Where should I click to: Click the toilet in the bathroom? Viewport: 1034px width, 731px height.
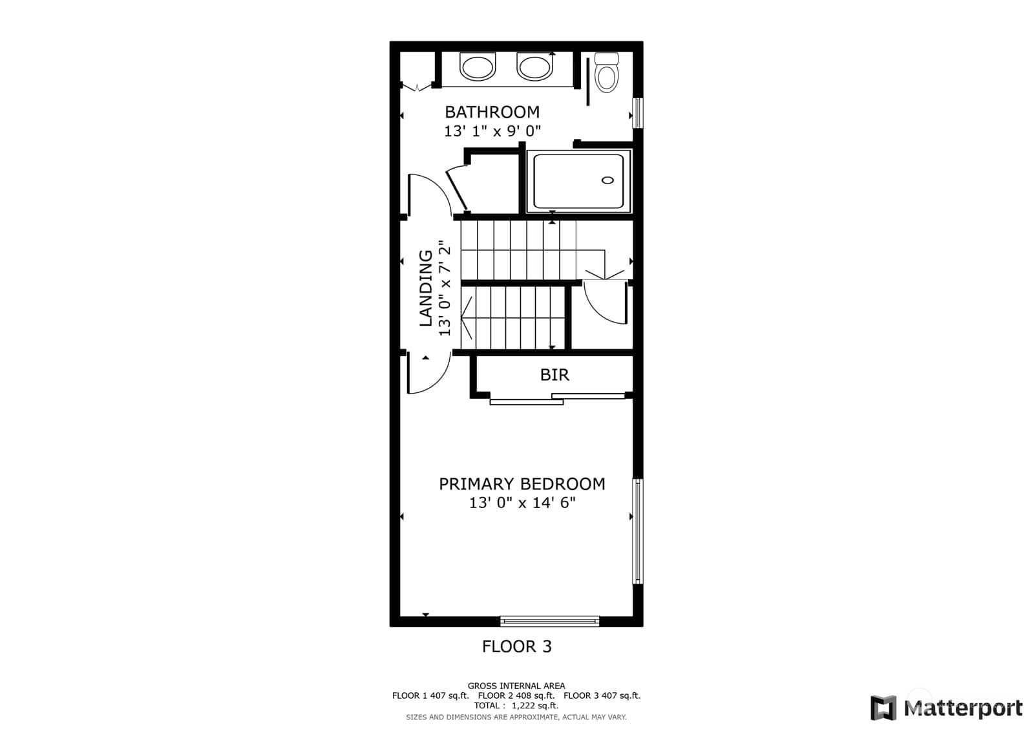606,73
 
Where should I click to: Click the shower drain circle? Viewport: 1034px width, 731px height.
607,180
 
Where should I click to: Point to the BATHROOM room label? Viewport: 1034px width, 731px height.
492,112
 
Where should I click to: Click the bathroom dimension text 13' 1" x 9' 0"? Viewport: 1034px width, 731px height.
492,131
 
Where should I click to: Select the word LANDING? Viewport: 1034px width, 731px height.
426,288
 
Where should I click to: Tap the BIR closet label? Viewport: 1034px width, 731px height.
554,375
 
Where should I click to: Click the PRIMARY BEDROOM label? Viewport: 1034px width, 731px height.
522,484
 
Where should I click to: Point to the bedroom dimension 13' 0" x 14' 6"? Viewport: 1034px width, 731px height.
522,503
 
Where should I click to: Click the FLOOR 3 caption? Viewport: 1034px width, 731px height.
516,646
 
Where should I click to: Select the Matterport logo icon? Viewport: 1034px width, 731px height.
883,708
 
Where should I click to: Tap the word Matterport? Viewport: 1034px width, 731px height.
963,708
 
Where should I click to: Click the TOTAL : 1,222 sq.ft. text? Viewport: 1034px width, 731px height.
516,706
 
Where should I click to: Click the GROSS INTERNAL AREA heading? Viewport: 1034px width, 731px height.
516,686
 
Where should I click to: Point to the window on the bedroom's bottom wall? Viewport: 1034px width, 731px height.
549,622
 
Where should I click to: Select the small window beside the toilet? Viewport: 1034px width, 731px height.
638,113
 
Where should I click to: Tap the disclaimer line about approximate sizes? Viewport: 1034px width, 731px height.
516,717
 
